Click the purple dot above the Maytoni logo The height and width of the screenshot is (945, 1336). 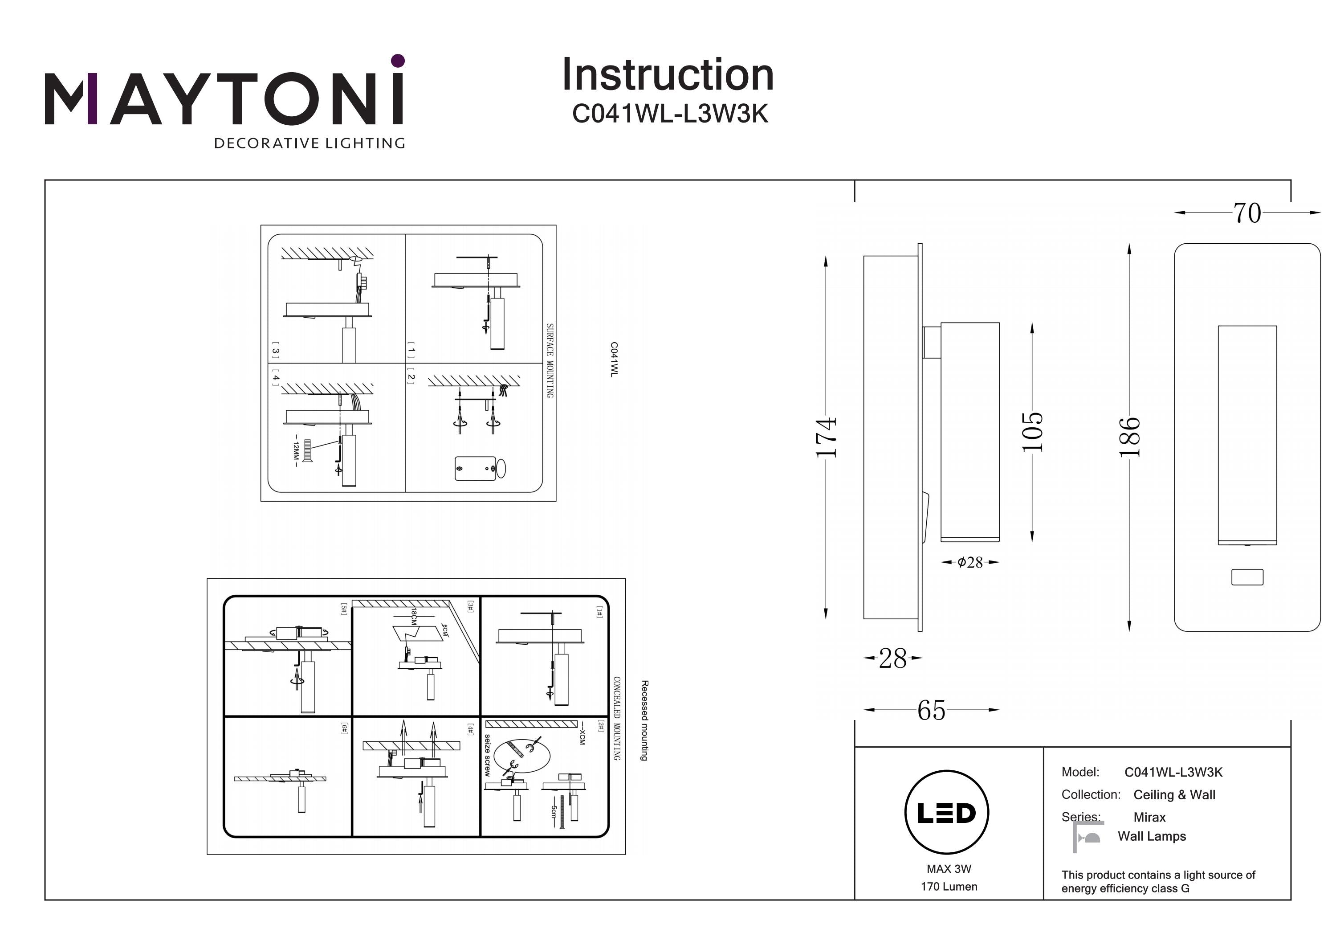pyautogui.click(x=398, y=61)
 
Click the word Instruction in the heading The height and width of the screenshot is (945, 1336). pyautogui.click(x=668, y=75)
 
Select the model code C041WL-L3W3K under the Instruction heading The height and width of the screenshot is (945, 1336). pyautogui.click(x=670, y=114)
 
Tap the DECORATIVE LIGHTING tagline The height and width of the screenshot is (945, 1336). pyautogui.click(x=310, y=143)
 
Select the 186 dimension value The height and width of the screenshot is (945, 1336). pyautogui.click(x=1129, y=437)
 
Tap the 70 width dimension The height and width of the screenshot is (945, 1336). pyautogui.click(x=1247, y=213)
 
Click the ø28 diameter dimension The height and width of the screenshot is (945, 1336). pyautogui.click(x=970, y=562)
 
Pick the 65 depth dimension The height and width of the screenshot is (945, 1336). pyautogui.click(x=931, y=710)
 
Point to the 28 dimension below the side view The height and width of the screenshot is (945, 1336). pyautogui.click(x=892, y=659)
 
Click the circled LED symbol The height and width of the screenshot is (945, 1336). pyautogui.click(x=947, y=812)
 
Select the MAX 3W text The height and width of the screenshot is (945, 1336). pyautogui.click(x=949, y=869)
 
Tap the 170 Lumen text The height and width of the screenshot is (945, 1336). pyautogui.click(x=949, y=887)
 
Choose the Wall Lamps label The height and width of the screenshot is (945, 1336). pyautogui.click(x=1152, y=836)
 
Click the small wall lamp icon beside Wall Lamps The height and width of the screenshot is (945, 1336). pyautogui.click(x=1088, y=837)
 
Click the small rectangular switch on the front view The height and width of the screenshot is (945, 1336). pyautogui.click(x=1247, y=577)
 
